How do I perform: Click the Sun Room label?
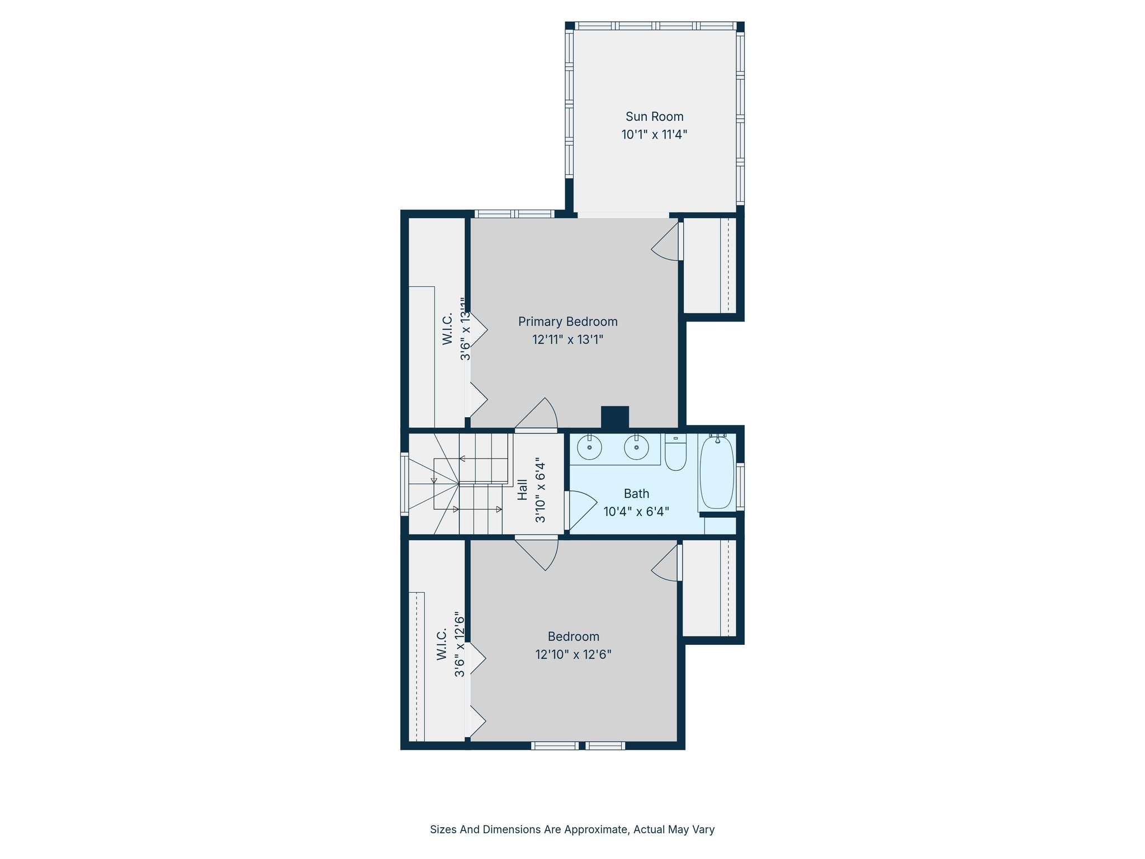(x=654, y=117)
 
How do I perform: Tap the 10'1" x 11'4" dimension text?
(x=654, y=135)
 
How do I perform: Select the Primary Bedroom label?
(x=567, y=322)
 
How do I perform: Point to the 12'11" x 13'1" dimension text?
(x=567, y=339)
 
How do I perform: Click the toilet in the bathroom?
(x=675, y=453)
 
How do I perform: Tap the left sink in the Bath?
(x=589, y=447)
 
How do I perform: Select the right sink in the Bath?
(x=636, y=447)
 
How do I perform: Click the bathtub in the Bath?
(x=717, y=473)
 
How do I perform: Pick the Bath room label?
(x=636, y=494)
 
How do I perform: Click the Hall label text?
(x=523, y=489)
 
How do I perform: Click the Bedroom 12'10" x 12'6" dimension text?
(x=573, y=654)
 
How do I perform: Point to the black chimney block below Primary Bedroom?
(x=615, y=417)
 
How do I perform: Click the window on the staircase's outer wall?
(x=405, y=484)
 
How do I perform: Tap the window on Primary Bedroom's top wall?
(x=514, y=214)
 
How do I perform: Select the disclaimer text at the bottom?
(x=572, y=829)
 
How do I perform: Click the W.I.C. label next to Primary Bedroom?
(x=447, y=329)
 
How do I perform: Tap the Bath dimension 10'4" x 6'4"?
(x=636, y=512)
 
